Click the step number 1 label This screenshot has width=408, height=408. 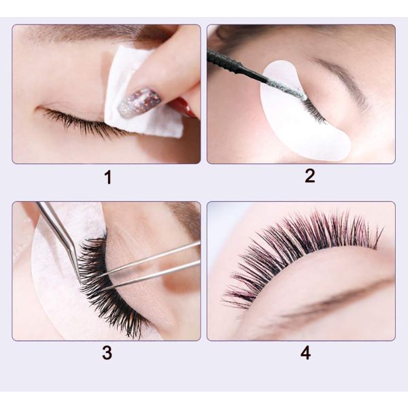point(107,178)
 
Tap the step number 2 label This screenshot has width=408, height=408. point(309,176)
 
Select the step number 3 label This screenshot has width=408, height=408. point(107,354)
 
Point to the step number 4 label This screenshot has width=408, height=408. point(305,354)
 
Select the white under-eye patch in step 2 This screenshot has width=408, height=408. point(306,129)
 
